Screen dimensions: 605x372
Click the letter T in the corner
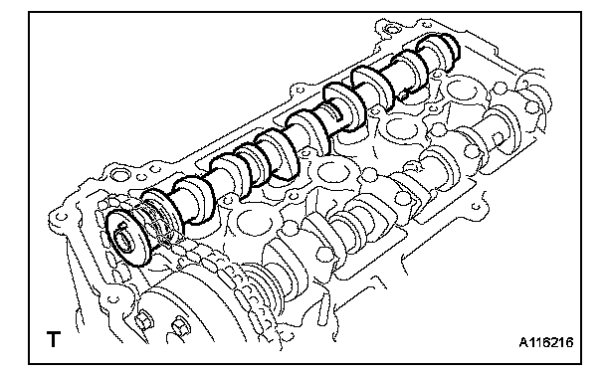(x=54, y=339)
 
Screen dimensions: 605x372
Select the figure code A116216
(x=546, y=342)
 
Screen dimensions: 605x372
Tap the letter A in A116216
(x=523, y=342)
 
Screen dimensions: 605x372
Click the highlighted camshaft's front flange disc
(x=127, y=238)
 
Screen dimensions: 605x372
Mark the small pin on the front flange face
(x=122, y=225)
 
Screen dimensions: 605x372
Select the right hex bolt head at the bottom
(x=180, y=326)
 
